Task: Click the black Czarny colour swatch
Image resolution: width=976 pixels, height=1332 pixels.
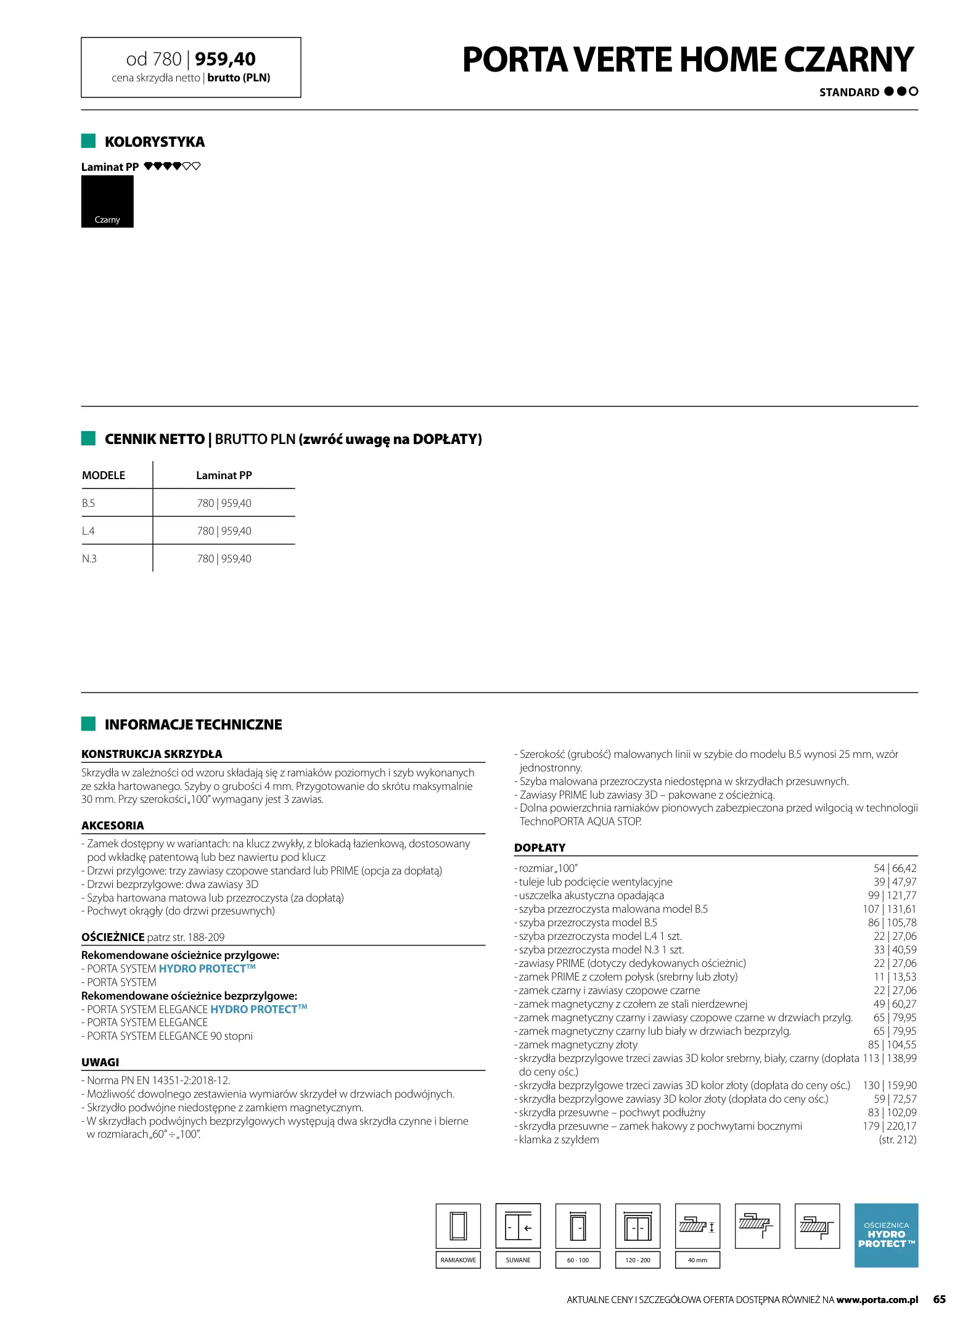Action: click(107, 201)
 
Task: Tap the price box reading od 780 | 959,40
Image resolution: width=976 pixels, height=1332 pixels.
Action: click(191, 67)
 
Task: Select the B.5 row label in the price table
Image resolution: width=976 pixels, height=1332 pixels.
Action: click(89, 503)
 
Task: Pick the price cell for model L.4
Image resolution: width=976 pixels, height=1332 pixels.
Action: click(224, 531)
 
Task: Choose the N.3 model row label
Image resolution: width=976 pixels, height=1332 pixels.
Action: click(89, 559)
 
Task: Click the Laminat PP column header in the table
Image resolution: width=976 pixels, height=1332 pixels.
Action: click(224, 475)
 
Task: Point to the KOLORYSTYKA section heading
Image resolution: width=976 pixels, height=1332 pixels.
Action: click(154, 142)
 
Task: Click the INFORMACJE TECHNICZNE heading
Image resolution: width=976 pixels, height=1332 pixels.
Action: click(193, 725)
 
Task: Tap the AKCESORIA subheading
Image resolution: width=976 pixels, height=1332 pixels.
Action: click(113, 826)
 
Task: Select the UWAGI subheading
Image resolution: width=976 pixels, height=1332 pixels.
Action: click(100, 1063)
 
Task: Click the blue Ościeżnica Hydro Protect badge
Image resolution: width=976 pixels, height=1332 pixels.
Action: click(886, 1235)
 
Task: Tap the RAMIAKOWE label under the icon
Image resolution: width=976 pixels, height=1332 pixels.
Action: click(458, 1260)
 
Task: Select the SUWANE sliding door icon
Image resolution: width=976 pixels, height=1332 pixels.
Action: click(518, 1226)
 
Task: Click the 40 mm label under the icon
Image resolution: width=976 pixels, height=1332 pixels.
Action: click(697, 1260)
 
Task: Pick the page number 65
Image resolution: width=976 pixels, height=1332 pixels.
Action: click(939, 1299)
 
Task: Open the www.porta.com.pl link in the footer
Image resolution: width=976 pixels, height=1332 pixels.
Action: click(877, 1300)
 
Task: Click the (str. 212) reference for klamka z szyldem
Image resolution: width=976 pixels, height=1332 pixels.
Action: click(897, 1140)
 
